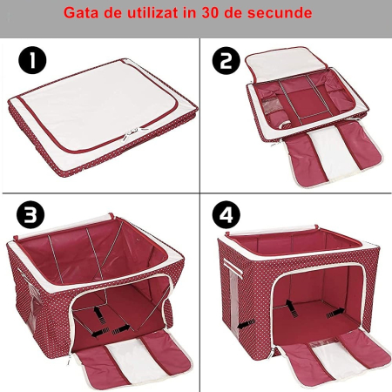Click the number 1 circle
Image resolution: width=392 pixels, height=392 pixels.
tap(32, 62)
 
